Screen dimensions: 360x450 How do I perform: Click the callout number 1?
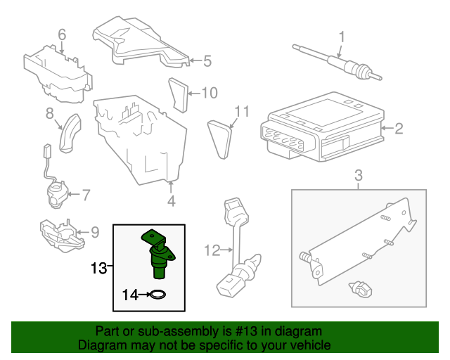coord(342,36)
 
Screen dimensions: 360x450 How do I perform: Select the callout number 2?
coord(398,129)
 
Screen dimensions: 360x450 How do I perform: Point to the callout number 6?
coord(61,34)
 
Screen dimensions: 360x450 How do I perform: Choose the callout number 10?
coord(209,92)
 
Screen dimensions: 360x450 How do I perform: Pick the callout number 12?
coord(212,249)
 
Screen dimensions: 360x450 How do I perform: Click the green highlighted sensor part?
coord(158,251)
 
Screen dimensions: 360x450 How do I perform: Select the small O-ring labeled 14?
coord(158,295)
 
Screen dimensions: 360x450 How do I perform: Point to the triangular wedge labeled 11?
coord(220,139)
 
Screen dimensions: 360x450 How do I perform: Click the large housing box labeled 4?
coord(141,141)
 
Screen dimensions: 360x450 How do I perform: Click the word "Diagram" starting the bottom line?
coord(100,346)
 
